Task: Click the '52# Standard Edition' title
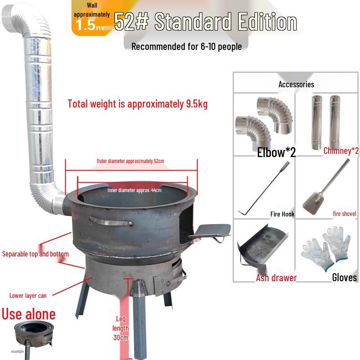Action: coord(205,22)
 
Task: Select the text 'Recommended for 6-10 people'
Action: coord(186,46)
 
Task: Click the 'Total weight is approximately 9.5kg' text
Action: coord(138,104)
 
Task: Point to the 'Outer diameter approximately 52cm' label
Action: coord(130,161)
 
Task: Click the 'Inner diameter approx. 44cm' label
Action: coord(134,190)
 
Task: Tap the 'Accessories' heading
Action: coord(296,84)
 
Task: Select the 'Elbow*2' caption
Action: coord(276,152)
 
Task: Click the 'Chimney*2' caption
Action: coord(341,151)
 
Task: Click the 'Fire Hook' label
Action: coord(282,214)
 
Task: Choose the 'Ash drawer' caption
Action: coord(276,278)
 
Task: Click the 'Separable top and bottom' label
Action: coord(36,254)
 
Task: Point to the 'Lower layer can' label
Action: coord(28,296)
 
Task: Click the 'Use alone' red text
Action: coord(29,314)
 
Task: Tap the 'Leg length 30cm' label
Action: coord(120,328)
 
